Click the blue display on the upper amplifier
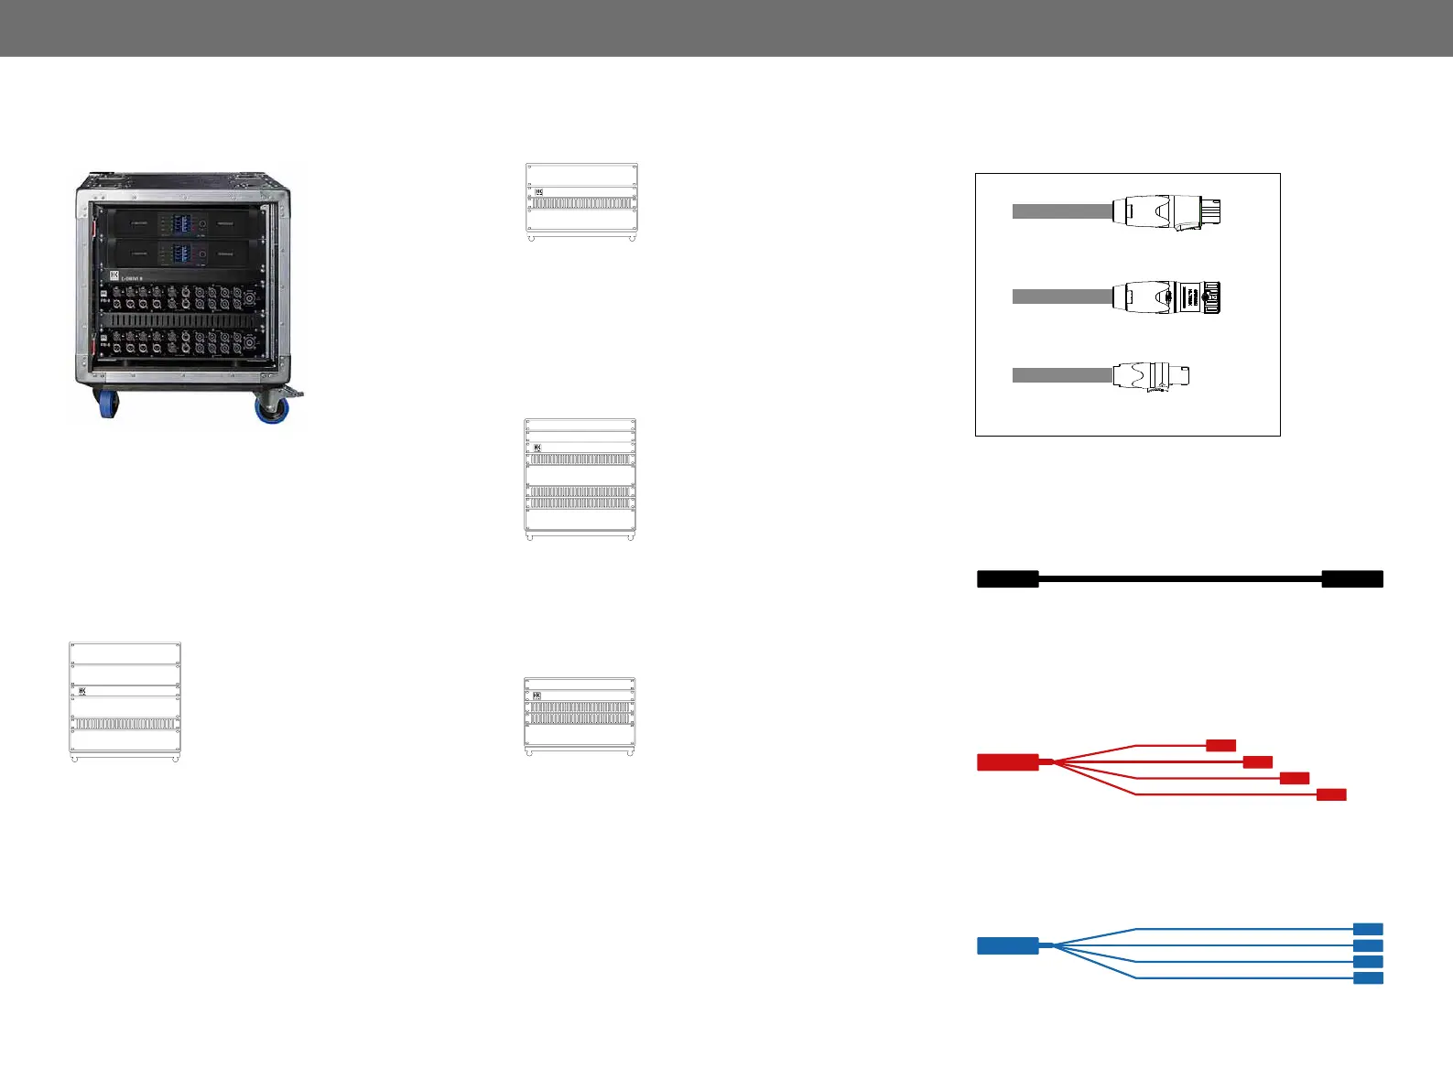[181, 223]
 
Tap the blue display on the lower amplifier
[181, 254]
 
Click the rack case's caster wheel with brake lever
[273, 405]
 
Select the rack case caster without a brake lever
[108, 403]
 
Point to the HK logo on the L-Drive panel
[115, 275]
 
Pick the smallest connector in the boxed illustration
[1151, 375]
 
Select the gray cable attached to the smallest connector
[1062, 375]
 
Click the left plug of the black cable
[1007, 578]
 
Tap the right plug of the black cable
[1352, 578]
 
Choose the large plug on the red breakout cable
[1007, 762]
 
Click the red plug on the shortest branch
[1221, 745]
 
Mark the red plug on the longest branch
[1331, 794]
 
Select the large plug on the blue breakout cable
[1007, 945]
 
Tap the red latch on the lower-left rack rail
[95, 348]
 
